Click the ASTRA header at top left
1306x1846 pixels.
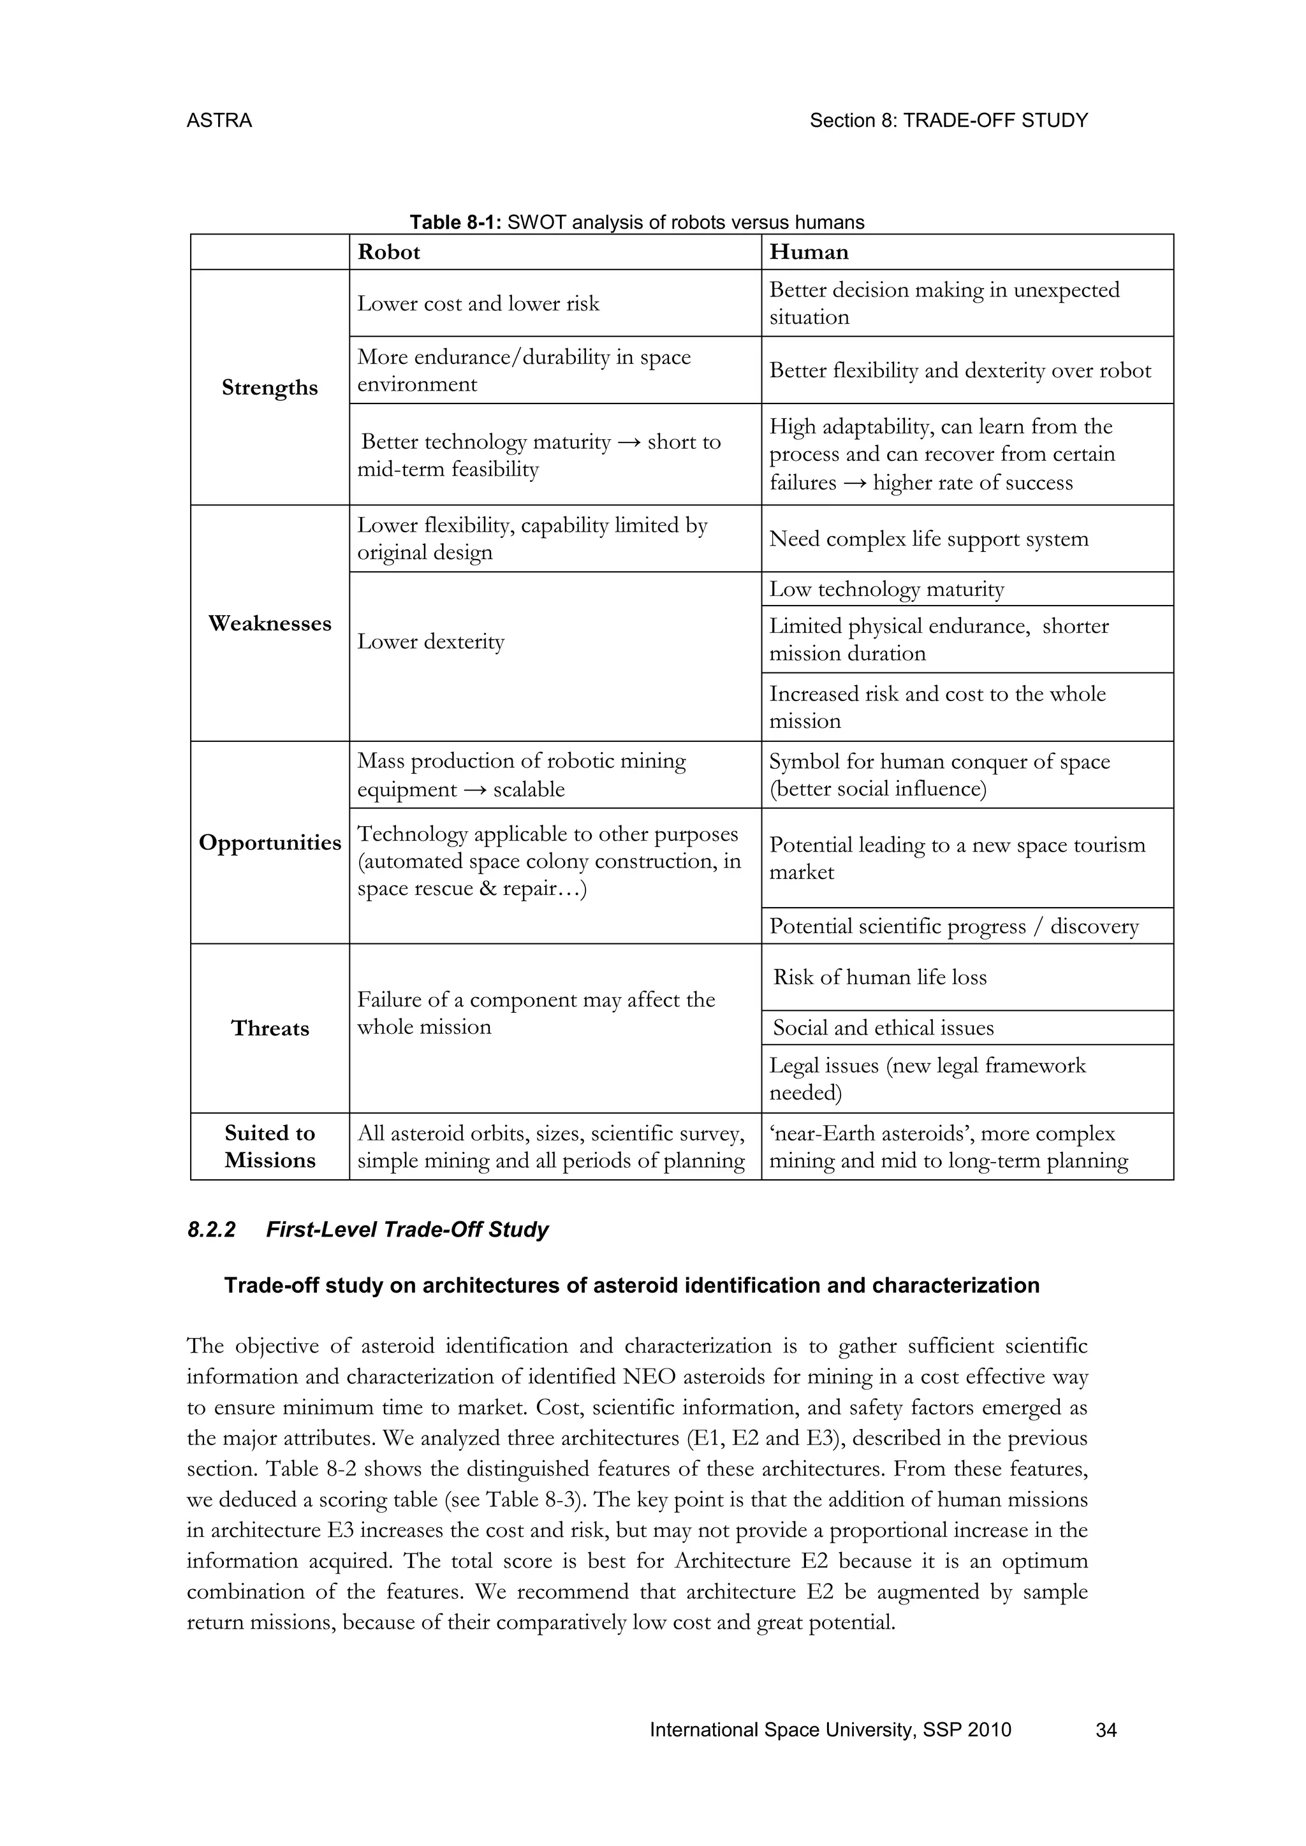click(219, 120)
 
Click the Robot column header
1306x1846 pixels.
click(388, 252)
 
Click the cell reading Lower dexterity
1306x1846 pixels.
click(430, 642)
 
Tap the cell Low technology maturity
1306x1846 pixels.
click(886, 590)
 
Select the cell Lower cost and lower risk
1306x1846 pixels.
click(478, 304)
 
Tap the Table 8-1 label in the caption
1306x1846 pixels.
click(455, 222)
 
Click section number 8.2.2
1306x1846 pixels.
click(210, 1230)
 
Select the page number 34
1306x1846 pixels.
click(1106, 1730)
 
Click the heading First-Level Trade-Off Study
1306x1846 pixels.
click(407, 1230)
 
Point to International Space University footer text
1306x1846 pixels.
click(830, 1730)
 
